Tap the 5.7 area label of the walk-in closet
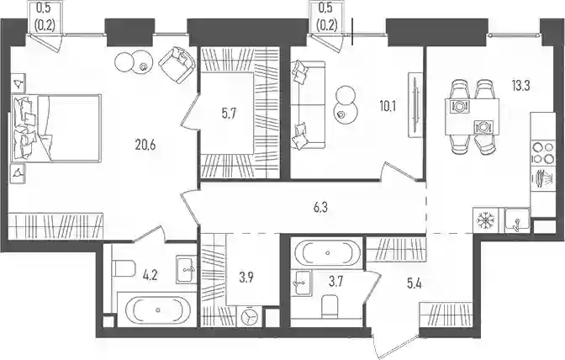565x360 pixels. (x=230, y=115)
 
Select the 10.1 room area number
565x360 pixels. (x=387, y=107)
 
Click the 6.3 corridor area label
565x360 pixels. (x=320, y=208)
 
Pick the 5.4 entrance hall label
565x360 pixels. (x=414, y=284)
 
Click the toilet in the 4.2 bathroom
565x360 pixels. (x=124, y=267)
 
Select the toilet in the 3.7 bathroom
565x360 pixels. (x=330, y=307)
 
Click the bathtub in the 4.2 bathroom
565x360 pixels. (x=157, y=310)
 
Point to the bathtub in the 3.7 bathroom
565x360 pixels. (x=327, y=252)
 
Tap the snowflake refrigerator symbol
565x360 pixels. (x=485, y=220)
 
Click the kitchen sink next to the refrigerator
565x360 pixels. (x=517, y=220)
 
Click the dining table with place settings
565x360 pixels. (x=472, y=116)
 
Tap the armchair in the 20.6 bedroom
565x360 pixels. (x=177, y=65)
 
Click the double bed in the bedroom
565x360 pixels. (x=55, y=128)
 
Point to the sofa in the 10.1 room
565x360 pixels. (x=308, y=104)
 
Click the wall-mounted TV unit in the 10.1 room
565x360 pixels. (x=415, y=105)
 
